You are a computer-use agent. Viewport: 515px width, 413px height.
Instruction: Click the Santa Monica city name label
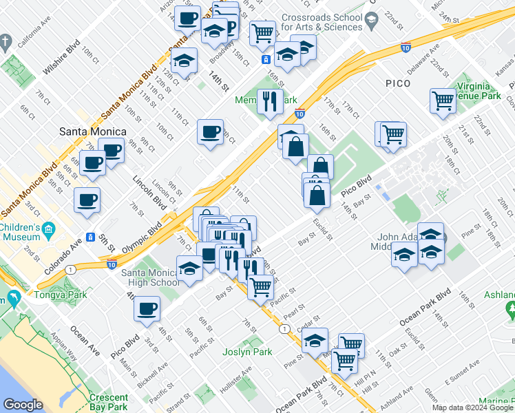(x=93, y=131)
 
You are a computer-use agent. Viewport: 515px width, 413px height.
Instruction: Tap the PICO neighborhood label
(x=398, y=83)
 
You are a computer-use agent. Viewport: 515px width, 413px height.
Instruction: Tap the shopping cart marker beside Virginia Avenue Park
(x=443, y=100)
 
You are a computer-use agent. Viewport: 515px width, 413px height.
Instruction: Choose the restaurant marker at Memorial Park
(x=270, y=102)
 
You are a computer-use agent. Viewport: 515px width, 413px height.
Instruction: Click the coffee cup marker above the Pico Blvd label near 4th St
(x=146, y=310)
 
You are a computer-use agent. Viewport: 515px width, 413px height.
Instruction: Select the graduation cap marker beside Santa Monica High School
(x=189, y=268)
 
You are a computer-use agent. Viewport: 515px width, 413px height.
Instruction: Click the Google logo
(x=23, y=404)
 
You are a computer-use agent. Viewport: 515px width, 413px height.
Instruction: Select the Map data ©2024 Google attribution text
(x=472, y=407)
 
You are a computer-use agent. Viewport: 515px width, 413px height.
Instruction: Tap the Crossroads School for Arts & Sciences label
(x=322, y=22)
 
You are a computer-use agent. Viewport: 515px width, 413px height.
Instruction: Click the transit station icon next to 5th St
(x=90, y=237)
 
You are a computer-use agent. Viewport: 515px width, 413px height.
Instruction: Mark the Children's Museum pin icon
(x=48, y=229)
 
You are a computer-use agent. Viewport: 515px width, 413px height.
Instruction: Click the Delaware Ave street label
(x=422, y=61)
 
